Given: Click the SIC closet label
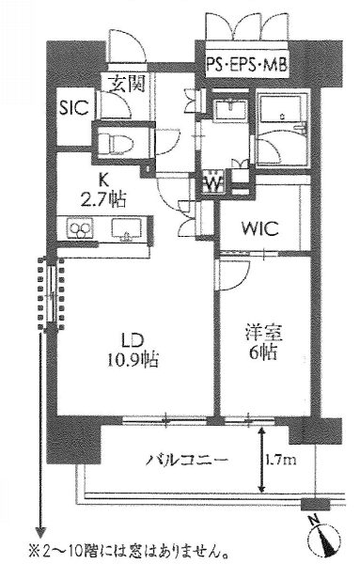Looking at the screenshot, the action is click(x=74, y=107).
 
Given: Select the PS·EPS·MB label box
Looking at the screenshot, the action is click(x=247, y=65).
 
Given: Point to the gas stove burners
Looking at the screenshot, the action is click(x=80, y=228).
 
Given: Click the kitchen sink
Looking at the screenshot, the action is click(x=126, y=228).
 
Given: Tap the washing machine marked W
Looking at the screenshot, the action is click(x=214, y=183).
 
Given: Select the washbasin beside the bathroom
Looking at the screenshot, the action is click(x=229, y=109).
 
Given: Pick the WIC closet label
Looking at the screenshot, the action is click(x=260, y=228).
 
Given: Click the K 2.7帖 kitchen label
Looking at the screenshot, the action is click(x=103, y=192).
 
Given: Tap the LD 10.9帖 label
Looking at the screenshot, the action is click(x=133, y=350).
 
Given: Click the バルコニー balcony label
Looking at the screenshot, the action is click(x=187, y=460).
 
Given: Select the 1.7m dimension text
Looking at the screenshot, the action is click(x=282, y=460).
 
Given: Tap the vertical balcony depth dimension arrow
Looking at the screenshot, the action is click(x=262, y=460).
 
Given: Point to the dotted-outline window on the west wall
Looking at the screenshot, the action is click(x=52, y=293).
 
